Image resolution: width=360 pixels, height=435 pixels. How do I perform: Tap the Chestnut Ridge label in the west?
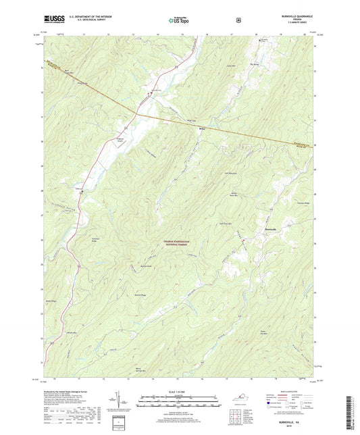[x=95, y=239]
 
